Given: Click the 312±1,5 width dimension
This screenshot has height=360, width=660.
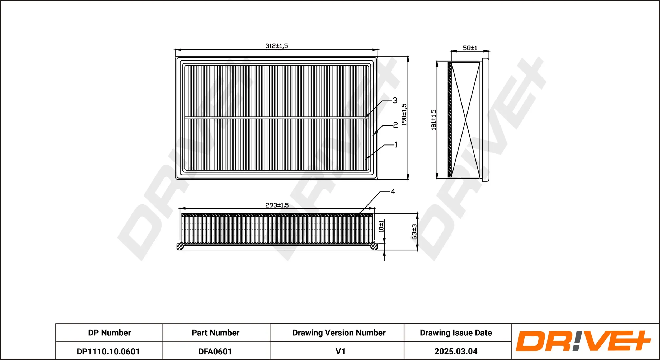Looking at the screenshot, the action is [277, 46].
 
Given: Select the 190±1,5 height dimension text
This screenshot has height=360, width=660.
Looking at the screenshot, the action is [404, 114].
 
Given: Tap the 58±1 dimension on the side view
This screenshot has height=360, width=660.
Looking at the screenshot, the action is [470, 48].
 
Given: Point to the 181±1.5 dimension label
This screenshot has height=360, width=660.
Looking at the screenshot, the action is [433, 120].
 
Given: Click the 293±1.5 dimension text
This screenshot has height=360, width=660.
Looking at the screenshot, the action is [277, 205].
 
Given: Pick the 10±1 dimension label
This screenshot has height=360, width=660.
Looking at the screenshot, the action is [381, 226].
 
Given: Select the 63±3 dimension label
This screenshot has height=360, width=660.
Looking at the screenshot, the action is [414, 232].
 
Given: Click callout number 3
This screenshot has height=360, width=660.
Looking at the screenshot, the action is [395, 100].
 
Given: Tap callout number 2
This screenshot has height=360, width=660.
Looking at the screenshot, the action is [395, 125].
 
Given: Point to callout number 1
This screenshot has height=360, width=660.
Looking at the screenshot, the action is [396, 144].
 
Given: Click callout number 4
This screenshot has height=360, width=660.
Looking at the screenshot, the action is [393, 191].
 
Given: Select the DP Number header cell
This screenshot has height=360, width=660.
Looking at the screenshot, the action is [110, 333].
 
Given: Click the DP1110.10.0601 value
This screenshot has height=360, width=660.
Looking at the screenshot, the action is [108, 352].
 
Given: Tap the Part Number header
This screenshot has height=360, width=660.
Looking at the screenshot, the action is [215, 333].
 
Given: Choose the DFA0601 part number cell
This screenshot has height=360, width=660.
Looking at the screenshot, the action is [215, 352].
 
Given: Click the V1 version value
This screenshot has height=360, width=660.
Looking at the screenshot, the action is [340, 352].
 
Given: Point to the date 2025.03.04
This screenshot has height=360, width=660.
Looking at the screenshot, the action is [456, 352].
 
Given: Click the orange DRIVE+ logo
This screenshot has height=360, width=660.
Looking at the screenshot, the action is [583, 341].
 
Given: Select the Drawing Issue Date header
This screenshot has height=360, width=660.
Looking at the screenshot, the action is [456, 333].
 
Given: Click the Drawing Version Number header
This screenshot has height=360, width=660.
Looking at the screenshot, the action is [339, 333].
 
